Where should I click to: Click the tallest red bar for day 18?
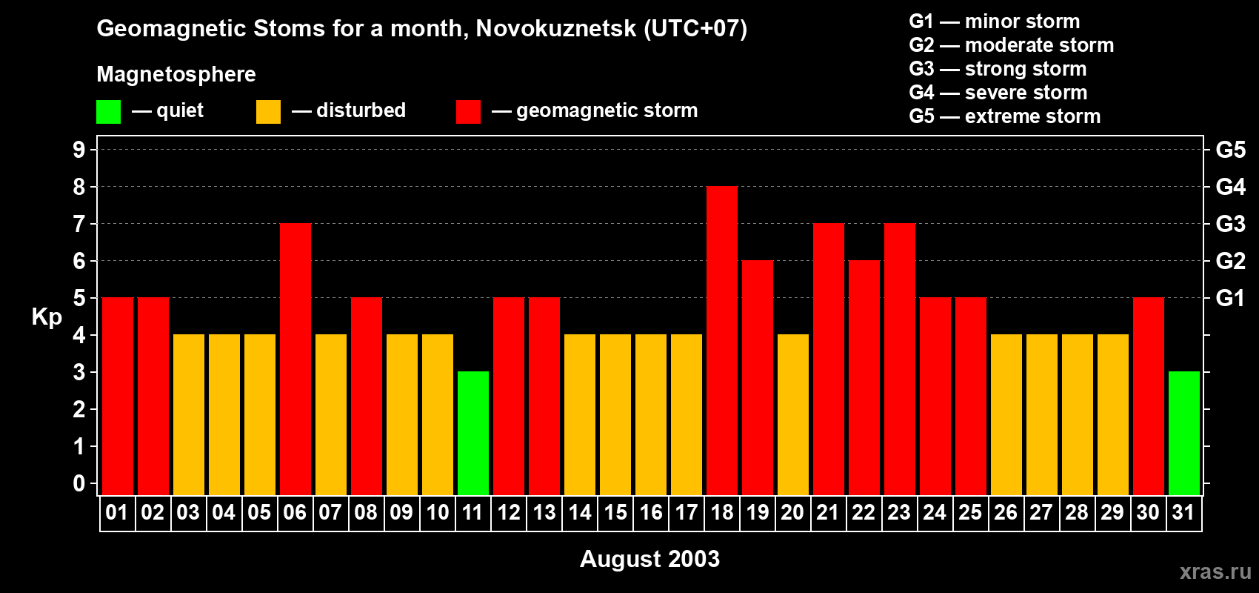point(722,341)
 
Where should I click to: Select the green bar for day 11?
point(473,434)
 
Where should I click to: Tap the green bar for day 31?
point(1184,434)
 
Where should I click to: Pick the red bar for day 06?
point(295,360)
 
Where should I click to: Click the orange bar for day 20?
point(793,415)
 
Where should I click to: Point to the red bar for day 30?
point(1149,397)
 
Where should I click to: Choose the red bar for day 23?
point(900,360)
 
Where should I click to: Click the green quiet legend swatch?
point(108,112)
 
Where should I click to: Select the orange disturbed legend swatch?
point(268,112)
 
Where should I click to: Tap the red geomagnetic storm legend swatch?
point(468,112)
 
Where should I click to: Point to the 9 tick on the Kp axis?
point(79,150)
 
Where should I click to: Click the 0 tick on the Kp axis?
point(79,483)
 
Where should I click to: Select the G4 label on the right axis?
point(1230,187)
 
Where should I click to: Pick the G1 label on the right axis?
point(1230,298)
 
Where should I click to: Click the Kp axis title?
point(47,317)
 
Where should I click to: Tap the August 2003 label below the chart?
point(649,559)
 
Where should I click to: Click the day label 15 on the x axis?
point(615,512)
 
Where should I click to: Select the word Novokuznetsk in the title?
point(555,28)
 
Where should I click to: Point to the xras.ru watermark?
point(1215,572)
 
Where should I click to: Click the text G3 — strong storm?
point(998,69)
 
